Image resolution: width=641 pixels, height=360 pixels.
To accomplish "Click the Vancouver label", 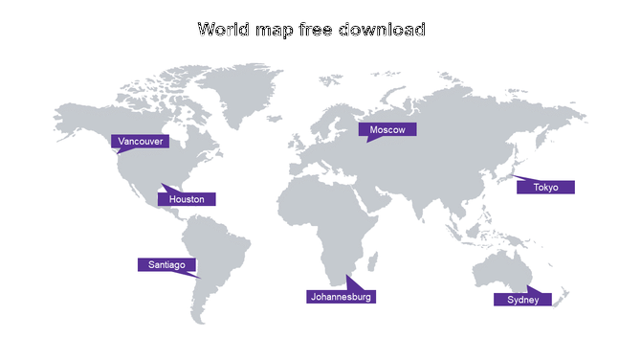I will (x=140, y=142).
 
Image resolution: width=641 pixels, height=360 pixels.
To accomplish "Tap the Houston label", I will (x=187, y=199).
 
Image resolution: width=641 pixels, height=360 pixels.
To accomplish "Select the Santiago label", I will (x=167, y=264).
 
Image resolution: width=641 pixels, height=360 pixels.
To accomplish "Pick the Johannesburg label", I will (x=340, y=297).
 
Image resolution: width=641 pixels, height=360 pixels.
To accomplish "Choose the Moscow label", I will (x=387, y=129).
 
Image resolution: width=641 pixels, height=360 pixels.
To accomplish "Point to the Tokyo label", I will (x=545, y=187).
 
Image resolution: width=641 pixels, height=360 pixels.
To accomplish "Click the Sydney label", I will (x=523, y=300).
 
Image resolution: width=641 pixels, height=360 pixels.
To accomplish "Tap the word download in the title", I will (x=385, y=30).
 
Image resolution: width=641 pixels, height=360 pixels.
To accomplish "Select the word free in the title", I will (x=317, y=30).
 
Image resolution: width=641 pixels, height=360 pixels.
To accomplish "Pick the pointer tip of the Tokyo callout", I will (x=513, y=175).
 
